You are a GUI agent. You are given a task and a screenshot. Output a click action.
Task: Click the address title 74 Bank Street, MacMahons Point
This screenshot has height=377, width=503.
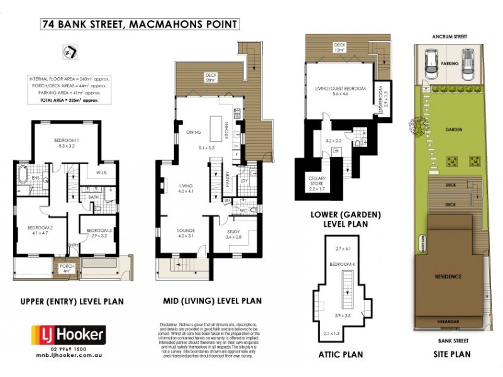coord(139,25)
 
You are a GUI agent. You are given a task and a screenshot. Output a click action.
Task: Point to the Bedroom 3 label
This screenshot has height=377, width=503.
coord(99,231)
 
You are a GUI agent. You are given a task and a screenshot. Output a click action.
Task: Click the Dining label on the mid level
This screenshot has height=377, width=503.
coord(193,132)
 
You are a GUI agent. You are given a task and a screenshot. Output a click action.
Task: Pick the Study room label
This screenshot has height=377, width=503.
coord(233,233)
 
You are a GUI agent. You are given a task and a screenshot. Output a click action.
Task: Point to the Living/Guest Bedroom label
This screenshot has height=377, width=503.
coord(340,89)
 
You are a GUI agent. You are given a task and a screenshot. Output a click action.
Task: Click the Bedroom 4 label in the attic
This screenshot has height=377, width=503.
coord(345,264)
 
